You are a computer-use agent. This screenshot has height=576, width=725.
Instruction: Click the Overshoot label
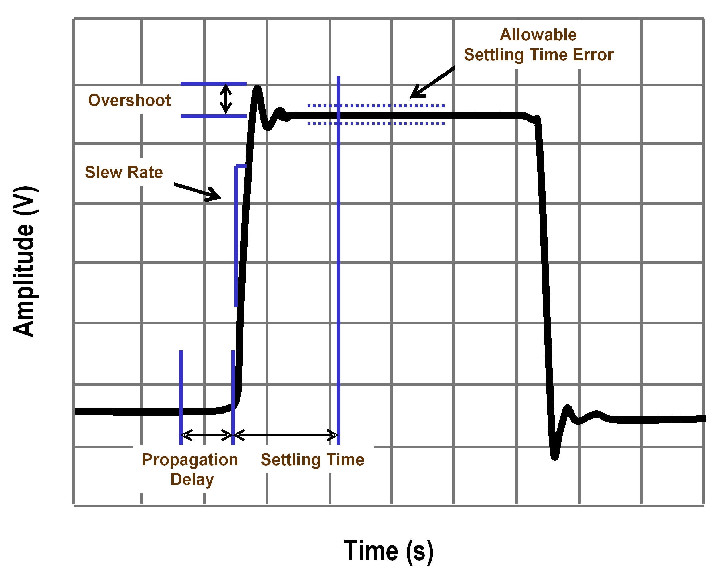pos(129,100)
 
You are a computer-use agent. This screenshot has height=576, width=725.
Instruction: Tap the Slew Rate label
pos(124,172)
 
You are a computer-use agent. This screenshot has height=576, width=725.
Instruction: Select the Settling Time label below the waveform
pos(312,460)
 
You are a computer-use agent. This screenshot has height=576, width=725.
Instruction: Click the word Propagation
pos(190,460)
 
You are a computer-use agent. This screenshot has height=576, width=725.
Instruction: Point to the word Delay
pos(192,480)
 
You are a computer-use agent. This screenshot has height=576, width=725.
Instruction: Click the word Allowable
pos(538,35)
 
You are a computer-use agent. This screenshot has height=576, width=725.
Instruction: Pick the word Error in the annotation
pos(593,55)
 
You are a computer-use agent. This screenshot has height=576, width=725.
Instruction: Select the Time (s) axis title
pos(389,551)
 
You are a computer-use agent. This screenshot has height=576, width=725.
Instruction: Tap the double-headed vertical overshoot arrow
pos(226,98)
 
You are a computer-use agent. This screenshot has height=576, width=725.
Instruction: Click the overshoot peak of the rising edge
pos(257,88)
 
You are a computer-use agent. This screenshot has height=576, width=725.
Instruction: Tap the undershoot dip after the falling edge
pos(554,456)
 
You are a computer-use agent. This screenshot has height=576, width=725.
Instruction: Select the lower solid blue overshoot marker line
pos(214,116)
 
